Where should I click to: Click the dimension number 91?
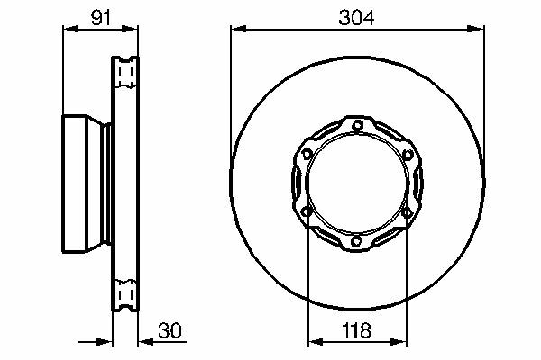tap(101, 18)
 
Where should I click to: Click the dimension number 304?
tap(356, 18)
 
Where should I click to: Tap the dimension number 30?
tap(170, 330)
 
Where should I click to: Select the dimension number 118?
tap(357, 330)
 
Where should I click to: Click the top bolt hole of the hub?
tap(358, 125)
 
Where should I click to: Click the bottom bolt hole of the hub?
tap(357, 241)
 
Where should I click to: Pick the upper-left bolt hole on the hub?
tap(307, 154)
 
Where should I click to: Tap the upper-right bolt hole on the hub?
tap(408, 155)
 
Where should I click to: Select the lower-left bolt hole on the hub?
tap(307, 211)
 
